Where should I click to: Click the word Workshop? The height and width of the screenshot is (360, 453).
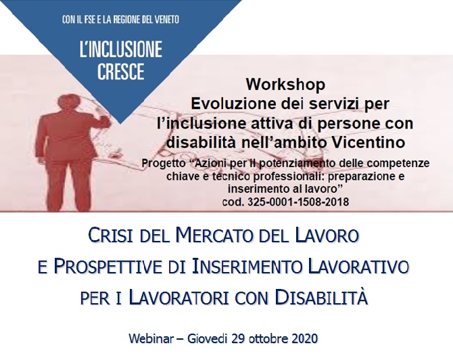click(285, 85)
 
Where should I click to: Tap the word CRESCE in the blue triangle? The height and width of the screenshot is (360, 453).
click(121, 71)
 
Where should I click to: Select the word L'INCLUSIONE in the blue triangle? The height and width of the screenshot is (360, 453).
click(121, 49)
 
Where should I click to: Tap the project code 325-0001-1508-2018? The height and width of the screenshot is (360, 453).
click(298, 202)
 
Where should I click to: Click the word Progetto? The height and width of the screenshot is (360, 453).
click(163, 163)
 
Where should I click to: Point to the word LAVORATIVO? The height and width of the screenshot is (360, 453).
click(358, 267)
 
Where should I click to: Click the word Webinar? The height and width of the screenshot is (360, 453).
click(151, 338)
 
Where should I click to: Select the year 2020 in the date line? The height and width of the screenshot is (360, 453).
click(305, 338)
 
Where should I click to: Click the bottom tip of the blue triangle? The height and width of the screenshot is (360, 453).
click(121, 124)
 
